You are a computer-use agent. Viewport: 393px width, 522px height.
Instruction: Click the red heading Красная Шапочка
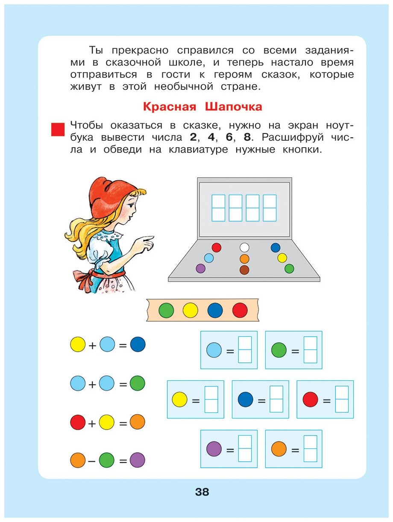click(x=202, y=106)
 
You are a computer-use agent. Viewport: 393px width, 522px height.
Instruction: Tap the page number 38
click(x=202, y=492)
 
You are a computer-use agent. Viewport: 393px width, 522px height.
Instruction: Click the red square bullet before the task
click(x=58, y=129)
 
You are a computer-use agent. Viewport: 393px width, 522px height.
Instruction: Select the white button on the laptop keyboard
click(x=244, y=247)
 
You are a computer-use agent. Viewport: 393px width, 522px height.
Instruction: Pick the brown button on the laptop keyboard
click(x=244, y=270)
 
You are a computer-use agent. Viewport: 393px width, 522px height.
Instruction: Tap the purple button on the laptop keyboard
click(x=200, y=269)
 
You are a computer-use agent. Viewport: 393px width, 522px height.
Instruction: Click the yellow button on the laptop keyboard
click(x=282, y=258)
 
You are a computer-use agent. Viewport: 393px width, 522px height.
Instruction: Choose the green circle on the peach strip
click(x=166, y=310)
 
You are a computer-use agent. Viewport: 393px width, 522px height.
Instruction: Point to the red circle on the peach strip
click(x=240, y=310)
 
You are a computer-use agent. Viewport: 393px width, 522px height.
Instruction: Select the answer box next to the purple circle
click(x=245, y=448)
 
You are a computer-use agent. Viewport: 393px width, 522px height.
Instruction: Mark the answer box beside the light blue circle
click(x=245, y=350)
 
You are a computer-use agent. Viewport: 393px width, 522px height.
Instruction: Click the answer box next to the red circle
click(x=342, y=399)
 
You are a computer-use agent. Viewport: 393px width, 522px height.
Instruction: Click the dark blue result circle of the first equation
click(x=138, y=344)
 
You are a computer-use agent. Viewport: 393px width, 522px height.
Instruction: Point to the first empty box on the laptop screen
click(x=218, y=208)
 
